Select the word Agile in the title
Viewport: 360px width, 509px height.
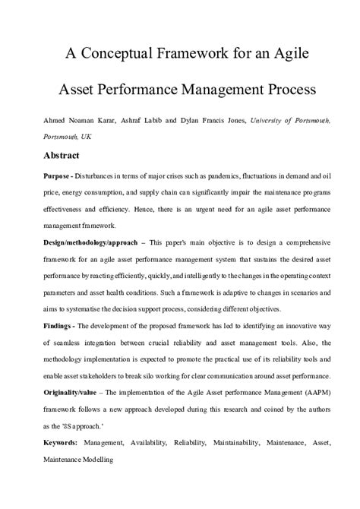tap(271, 55)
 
